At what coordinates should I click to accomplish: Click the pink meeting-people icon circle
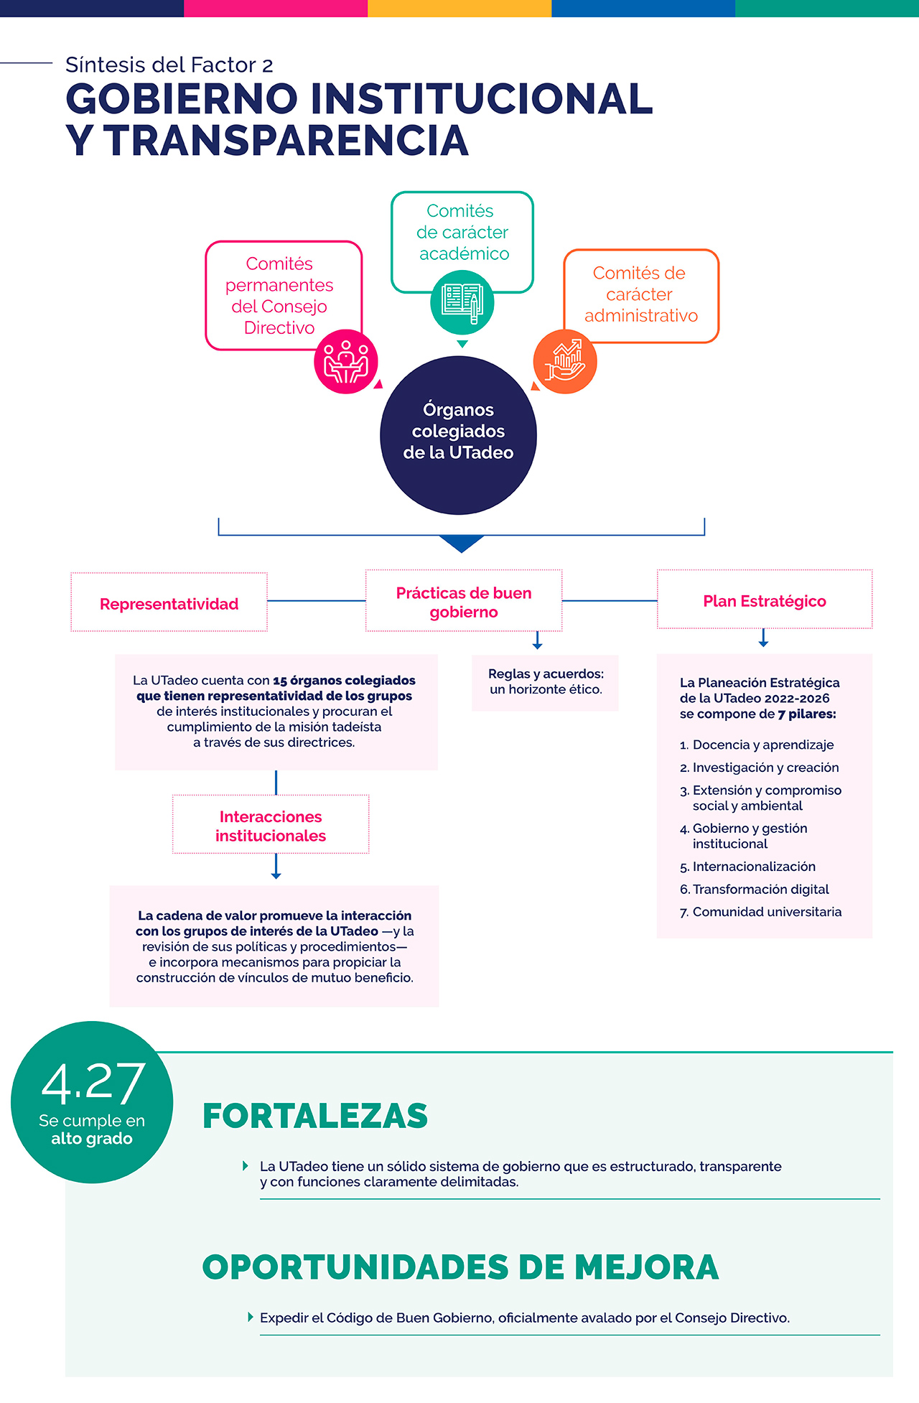pos(346,362)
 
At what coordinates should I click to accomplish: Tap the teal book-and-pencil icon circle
pos(462,302)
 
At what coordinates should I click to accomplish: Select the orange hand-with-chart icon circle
pos(565,361)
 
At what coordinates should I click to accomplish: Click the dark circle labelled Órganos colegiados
pos(458,435)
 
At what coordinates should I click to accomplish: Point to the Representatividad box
pos(169,602)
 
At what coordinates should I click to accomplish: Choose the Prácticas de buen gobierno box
pos(464,601)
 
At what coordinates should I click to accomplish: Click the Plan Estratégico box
pos(765,600)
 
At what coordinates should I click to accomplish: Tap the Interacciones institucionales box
pos(271,824)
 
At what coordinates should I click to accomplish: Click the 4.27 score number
pos(93,1083)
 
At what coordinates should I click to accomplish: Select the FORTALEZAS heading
pos(315,1116)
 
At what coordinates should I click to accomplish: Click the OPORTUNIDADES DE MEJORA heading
pos(460,1267)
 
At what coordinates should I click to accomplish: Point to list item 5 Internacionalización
pos(753,867)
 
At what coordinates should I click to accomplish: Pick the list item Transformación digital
pos(760,889)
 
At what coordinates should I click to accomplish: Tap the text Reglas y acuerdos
pos(546,673)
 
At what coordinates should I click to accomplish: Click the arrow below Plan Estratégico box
pos(764,638)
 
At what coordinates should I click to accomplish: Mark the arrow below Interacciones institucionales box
pos(276,867)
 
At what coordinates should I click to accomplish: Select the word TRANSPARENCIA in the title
pos(287,140)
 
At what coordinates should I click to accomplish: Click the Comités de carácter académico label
pos(463,232)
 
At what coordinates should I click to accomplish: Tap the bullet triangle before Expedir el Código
pos(251,1317)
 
